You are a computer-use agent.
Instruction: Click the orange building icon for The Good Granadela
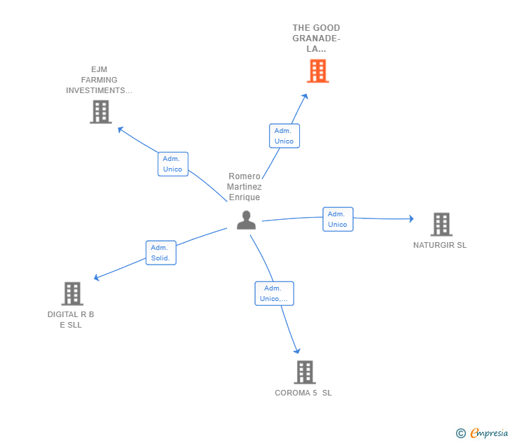[x=317, y=71]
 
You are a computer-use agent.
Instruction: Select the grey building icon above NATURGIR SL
[x=441, y=224]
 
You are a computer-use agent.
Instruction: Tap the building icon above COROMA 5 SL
[x=304, y=372]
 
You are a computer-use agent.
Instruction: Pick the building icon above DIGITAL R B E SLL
[x=72, y=293]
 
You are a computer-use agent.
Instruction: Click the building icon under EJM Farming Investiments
[x=101, y=111]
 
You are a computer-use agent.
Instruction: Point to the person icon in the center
[x=246, y=220]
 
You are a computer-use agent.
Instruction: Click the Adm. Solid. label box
[x=160, y=253]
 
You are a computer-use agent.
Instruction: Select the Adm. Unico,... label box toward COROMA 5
[x=274, y=293]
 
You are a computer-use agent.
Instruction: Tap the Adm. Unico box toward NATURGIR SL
[x=338, y=219]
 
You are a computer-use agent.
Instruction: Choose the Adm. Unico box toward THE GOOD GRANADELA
[x=284, y=136]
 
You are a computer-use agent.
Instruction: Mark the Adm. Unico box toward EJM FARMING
[x=172, y=164]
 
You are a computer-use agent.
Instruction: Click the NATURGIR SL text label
[x=440, y=245]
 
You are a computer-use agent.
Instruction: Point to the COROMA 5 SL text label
[x=303, y=393]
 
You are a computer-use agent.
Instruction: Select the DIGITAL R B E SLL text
[x=71, y=319]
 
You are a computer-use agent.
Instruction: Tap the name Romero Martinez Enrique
[x=244, y=187]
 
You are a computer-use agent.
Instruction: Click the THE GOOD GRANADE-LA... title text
[x=316, y=38]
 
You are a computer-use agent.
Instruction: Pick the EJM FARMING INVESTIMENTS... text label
[x=99, y=80]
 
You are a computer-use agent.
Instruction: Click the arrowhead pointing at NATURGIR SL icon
[x=411, y=219]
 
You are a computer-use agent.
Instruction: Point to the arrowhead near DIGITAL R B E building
[x=97, y=278]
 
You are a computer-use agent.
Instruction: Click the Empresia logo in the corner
[x=482, y=433]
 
